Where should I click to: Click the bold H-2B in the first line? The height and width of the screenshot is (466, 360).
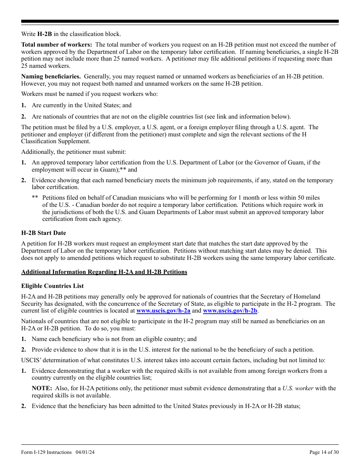point(44,34)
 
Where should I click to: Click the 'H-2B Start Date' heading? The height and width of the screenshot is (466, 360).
point(44,233)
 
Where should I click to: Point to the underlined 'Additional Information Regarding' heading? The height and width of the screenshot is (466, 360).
point(104,272)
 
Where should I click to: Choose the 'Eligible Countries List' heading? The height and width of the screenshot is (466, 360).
point(52,286)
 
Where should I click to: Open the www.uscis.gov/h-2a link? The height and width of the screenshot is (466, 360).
point(163,311)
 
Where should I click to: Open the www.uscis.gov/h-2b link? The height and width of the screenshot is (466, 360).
point(230,311)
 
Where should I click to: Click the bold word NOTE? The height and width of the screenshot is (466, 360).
point(42,388)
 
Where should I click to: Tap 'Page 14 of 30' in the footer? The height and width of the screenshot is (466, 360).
point(324,452)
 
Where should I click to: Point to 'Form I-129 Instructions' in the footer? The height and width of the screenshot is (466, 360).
point(46,452)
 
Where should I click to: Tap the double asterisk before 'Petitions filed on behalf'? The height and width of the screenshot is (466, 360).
point(35,198)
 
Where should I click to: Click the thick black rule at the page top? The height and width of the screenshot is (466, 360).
point(180,22)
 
